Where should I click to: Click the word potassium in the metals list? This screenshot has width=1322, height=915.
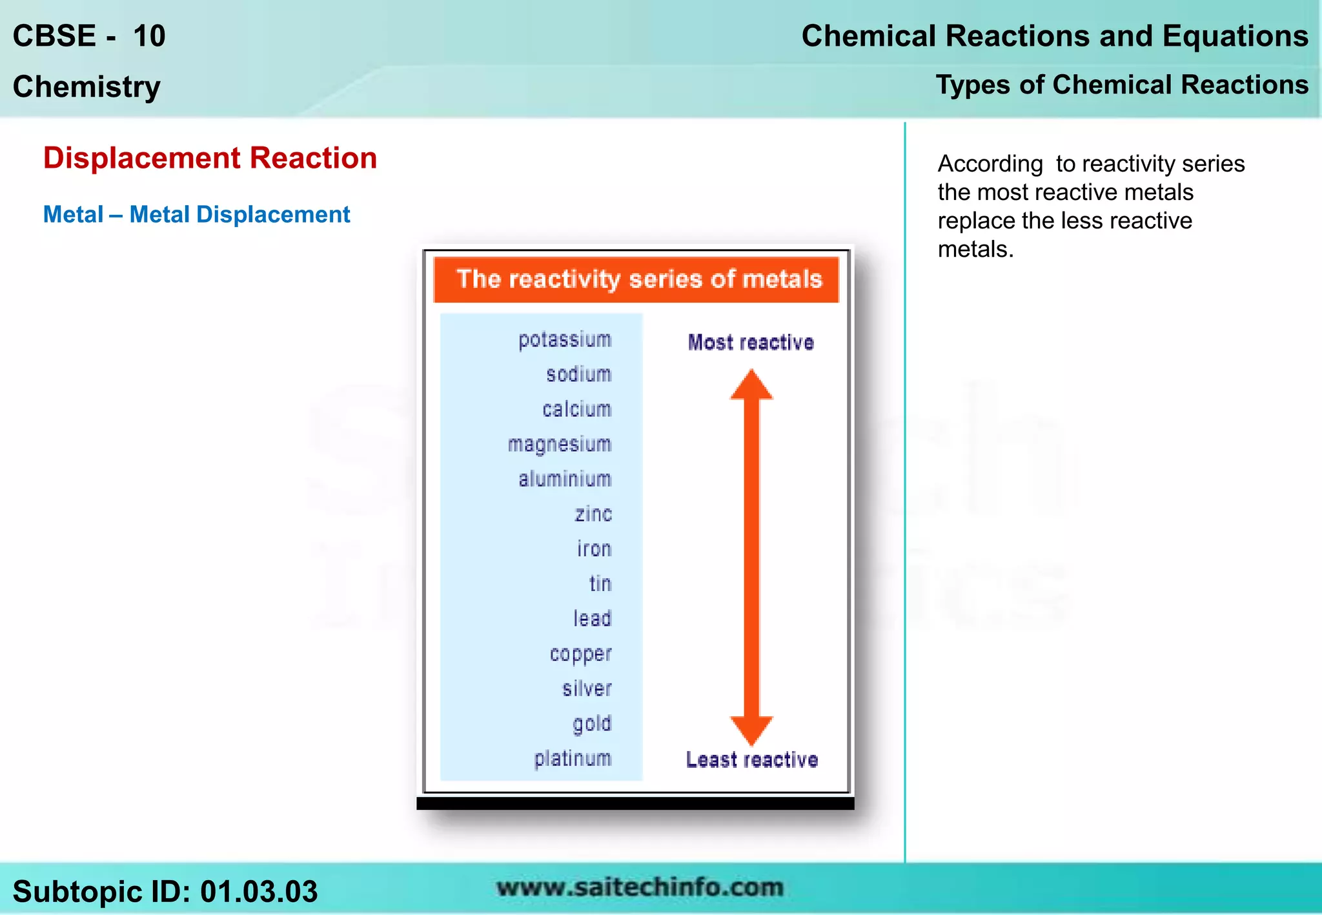click(x=565, y=340)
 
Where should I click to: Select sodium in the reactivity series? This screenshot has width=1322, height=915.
click(x=578, y=374)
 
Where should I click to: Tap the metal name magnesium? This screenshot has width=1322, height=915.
click(x=559, y=445)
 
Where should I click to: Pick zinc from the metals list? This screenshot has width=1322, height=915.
click(x=593, y=514)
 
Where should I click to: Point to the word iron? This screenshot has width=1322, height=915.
click(x=594, y=549)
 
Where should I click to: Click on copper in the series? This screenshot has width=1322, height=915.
click(x=580, y=654)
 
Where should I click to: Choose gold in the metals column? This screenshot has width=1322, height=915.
click(x=592, y=724)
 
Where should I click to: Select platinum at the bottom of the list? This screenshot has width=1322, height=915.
click(x=573, y=759)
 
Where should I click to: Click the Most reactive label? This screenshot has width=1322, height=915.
click(x=751, y=343)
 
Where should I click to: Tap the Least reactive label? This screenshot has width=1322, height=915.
click(x=752, y=760)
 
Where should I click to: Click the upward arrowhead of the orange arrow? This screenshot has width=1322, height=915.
click(x=751, y=386)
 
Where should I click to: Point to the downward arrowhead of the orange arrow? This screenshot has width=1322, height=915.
click(x=751, y=730)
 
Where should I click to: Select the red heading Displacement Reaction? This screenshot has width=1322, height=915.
click(x=210, y=158)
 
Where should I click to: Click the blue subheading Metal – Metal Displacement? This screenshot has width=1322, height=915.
click(x=196, y=214)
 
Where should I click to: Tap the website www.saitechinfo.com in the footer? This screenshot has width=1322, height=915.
click(x=640, y=887)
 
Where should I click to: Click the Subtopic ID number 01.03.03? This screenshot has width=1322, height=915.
click(x=258, y=892)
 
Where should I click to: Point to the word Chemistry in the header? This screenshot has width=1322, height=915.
click(x=86, y=86)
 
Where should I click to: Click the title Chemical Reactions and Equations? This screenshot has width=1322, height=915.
click(x=1055, y=36)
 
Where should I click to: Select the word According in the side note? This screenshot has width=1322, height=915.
click(x=990, y=164)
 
